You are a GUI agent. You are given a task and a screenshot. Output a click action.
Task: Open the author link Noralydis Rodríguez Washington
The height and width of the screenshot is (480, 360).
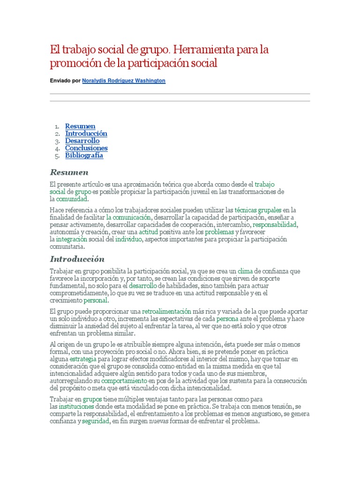pyautogui.click(x=124, y=81)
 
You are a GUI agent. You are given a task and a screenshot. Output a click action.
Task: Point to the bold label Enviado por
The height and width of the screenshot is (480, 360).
pyautogui.click(x=65, y=81)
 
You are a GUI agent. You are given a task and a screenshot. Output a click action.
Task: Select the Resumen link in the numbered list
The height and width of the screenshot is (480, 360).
pyautogui.click(x=80, y=126)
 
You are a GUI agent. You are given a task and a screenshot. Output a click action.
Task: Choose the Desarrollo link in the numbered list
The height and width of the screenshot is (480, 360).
pyautogui.click(x=82, y=141)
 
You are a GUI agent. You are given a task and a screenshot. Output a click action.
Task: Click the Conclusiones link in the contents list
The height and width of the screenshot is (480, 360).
pyautogui.click(x=86, y=148)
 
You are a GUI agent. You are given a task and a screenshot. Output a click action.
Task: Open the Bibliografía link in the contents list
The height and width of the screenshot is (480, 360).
pyautogui.click(x=84, y=156)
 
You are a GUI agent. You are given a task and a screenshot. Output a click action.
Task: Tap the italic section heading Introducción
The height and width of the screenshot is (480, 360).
pyautogui.click(x=77, y=259)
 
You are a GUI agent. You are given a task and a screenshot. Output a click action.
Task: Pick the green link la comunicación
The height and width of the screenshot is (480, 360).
pyautogui.click(x=128, y=217)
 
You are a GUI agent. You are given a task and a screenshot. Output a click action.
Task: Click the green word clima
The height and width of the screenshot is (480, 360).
pyautogui.click(x=245, y=271)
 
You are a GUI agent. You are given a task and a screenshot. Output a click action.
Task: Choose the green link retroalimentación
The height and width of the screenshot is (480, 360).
pyautogui.click(x=166, y=311)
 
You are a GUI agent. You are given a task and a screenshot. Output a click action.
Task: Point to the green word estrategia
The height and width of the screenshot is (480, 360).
pyautogui.click(x=83, y=359)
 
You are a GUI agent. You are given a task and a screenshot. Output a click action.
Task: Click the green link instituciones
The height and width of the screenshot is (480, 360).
pyautogui.click(x=76, y=406)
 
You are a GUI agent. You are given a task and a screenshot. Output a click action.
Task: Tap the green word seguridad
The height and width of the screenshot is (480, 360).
pyautogui.click(x=95, y=421)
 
